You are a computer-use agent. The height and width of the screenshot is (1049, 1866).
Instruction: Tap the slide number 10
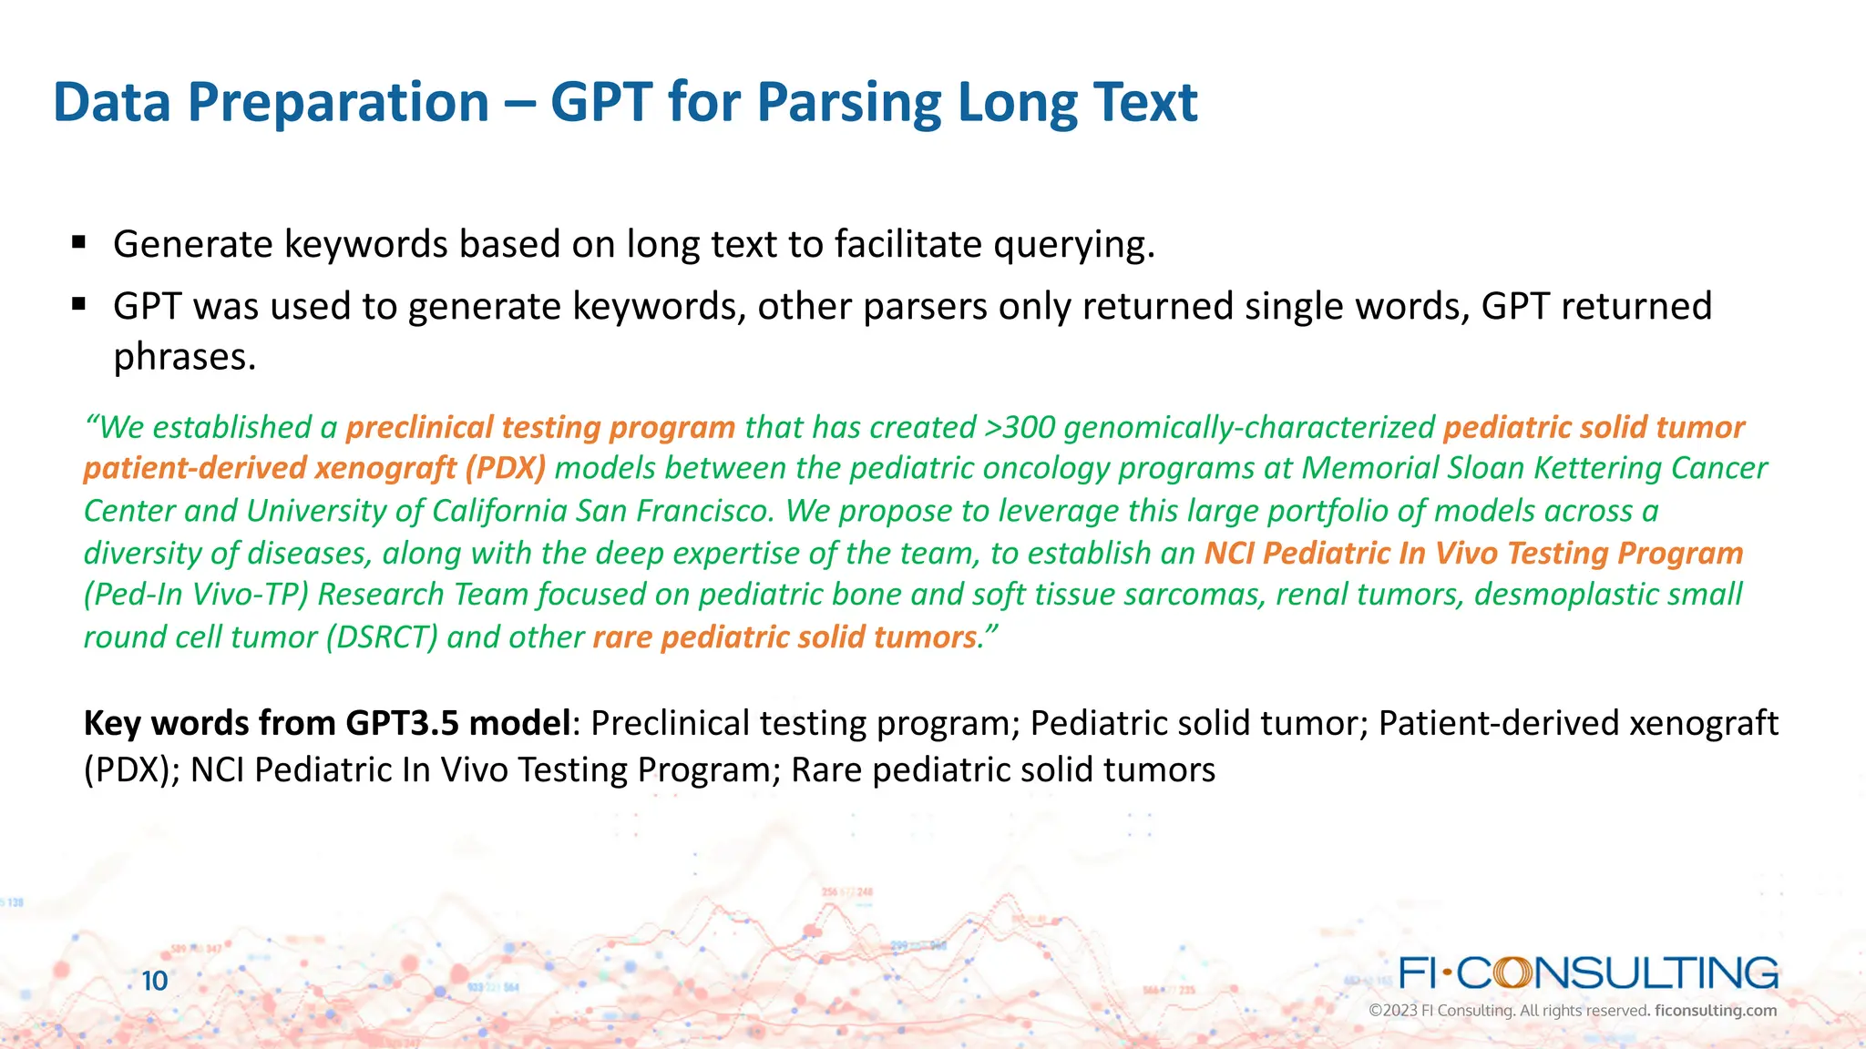coord(155,981)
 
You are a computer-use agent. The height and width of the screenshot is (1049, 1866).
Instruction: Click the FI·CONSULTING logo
coord(1588,973)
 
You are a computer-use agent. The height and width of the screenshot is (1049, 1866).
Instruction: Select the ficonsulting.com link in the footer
coord(1715,1011)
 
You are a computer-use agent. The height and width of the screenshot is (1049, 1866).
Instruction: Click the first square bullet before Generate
coord(78,242)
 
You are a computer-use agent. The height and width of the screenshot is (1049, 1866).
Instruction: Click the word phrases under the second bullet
coord(184,356)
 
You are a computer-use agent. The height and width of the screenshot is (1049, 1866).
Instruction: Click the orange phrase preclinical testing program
coord(540,427)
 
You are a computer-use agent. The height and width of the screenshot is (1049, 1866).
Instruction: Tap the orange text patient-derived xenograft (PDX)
coord(314,468)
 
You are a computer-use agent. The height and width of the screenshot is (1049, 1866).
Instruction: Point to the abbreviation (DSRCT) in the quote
coord(383,637)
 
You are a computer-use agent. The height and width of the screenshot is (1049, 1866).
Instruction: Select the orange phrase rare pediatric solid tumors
coord(784,637)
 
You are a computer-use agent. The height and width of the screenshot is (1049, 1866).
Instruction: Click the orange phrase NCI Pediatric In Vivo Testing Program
coord(1473,553)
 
